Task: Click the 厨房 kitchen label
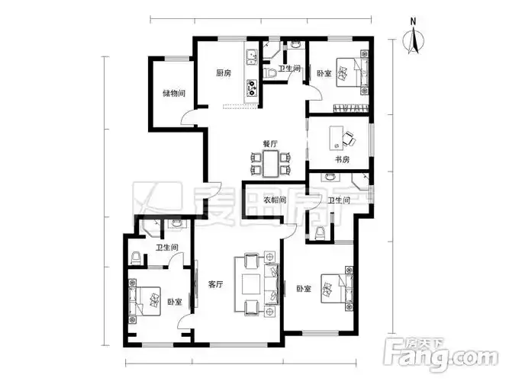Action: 224,73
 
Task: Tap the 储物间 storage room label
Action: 174,94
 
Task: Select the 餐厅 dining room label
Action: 270,144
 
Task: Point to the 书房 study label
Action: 342,159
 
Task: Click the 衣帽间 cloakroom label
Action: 275,200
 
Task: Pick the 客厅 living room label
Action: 215,285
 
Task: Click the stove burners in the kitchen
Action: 252,88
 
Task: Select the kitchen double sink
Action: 252,58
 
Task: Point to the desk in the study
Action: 337,138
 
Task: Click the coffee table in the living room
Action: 251,284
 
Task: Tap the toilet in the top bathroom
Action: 269,74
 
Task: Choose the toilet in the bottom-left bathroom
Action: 136,258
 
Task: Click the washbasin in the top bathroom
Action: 295,44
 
